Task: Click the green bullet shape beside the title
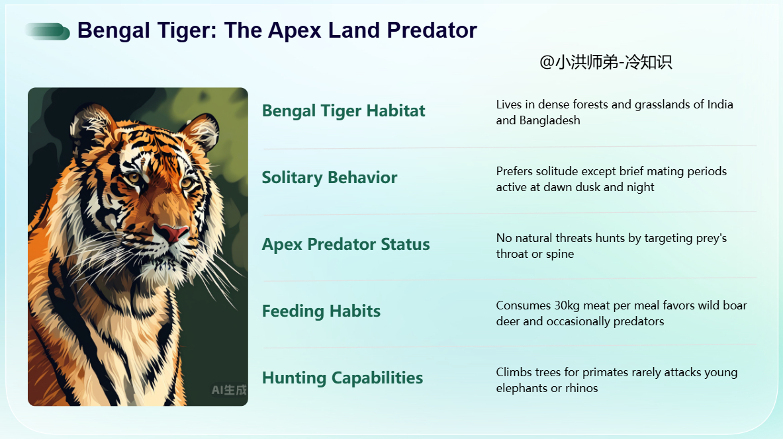48,32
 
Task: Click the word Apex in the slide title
295,31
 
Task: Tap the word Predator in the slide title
432,30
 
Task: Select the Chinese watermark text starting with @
606,62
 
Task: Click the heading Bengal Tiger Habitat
344,111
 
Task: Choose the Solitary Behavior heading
330,178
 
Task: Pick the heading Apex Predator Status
345,245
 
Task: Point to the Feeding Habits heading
321,311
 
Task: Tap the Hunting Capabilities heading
343,378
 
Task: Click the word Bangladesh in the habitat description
550,120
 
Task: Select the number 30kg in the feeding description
567,306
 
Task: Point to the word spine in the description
560,255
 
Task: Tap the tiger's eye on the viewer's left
133,177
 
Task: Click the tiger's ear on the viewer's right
201,131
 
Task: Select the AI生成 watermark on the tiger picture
229,390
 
